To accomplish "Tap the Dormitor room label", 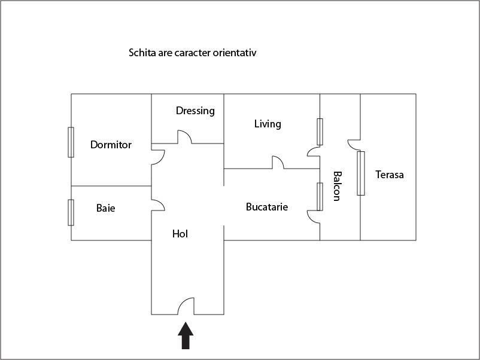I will [111, 145].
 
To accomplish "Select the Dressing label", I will [195, 111].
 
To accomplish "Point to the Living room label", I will [268, 124].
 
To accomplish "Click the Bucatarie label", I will [267, 207].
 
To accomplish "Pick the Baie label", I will [105, 208].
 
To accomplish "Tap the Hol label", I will [180, 234].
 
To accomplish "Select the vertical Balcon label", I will [337, 186].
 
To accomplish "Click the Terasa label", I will [390, 175].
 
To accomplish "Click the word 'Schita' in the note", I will [141, 53].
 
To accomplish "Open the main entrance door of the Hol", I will [186, 307].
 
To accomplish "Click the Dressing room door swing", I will [183, 138].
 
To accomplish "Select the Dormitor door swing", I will [157, 157].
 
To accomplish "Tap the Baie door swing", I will [157, 205].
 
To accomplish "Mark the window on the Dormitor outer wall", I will [71, 142].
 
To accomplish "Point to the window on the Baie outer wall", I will [71, 212].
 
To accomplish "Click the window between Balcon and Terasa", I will [360, 173].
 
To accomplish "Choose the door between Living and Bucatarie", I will [278, 163].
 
